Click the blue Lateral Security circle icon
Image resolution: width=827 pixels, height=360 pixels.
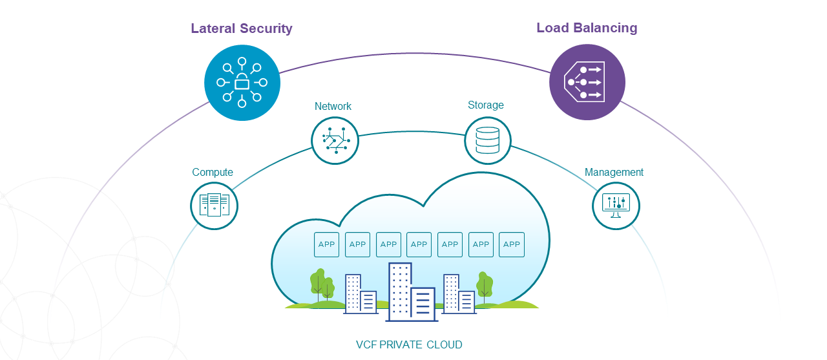242,83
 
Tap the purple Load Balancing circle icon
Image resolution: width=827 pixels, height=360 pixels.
587,82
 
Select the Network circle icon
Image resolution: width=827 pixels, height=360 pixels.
335,140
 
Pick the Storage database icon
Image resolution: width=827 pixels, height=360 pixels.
488,140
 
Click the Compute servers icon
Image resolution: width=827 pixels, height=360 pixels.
214,206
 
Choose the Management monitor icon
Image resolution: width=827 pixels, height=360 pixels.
616,206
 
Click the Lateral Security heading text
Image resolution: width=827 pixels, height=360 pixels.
241,28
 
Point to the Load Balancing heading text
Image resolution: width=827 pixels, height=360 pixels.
587,28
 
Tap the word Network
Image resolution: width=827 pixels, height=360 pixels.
333,106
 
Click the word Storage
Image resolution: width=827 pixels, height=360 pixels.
486,105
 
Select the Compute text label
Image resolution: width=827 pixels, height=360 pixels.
213,172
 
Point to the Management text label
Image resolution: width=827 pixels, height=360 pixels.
614,172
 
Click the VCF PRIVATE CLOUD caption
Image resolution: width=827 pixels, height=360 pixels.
409,344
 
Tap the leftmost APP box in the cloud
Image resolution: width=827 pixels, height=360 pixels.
326,244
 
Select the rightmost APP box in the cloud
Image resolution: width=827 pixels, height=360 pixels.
512,244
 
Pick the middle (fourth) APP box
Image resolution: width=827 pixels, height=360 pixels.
419,244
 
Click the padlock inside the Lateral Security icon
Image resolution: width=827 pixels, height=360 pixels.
242,83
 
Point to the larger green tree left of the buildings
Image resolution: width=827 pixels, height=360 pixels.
317,282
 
